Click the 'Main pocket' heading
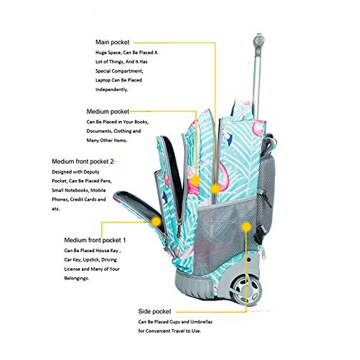point(112,42)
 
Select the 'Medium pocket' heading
point(108,112)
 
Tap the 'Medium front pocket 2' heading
point(83,162)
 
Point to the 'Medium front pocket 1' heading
point(95,240)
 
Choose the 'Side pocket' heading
point(154,312)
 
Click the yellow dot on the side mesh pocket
point(246,227)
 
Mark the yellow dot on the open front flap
point(156,221)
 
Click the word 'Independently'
point(111,90)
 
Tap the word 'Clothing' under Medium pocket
point(122,131)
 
